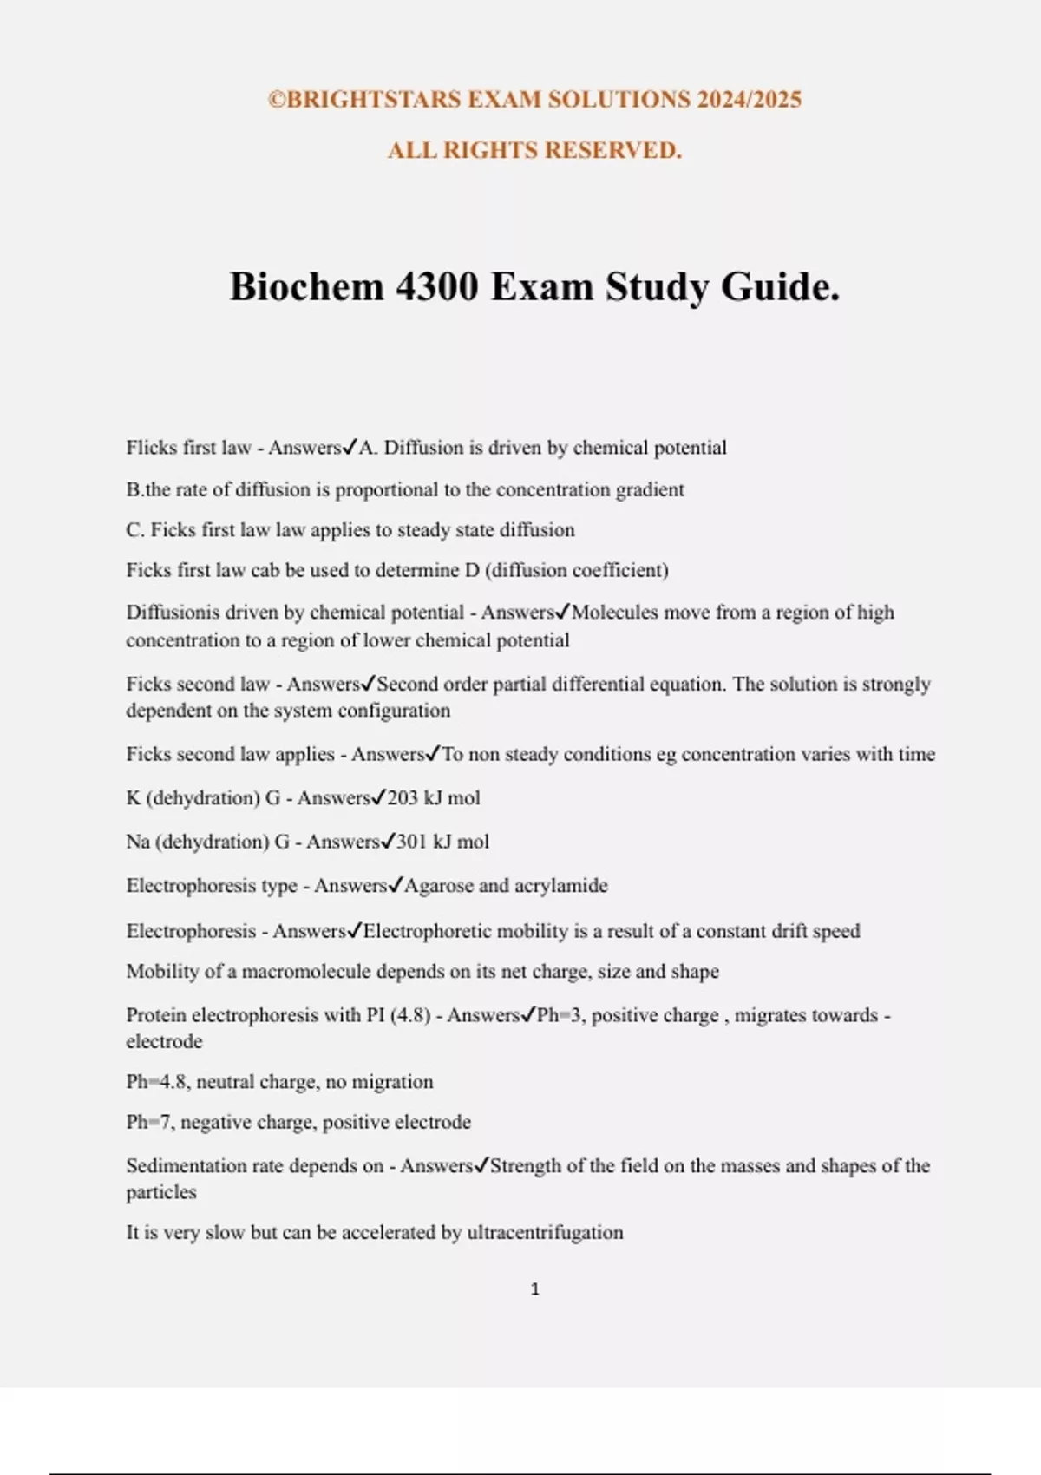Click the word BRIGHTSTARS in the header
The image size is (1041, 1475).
374,100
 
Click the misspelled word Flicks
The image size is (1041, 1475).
152,448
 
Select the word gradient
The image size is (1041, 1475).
650,490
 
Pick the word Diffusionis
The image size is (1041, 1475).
172,613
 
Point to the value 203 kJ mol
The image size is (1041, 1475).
434,798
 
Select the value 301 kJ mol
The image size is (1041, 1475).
442,842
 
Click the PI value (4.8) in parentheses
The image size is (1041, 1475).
409,1016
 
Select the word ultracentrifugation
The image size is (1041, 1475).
545,1233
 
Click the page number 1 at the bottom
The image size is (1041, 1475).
534,1290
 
